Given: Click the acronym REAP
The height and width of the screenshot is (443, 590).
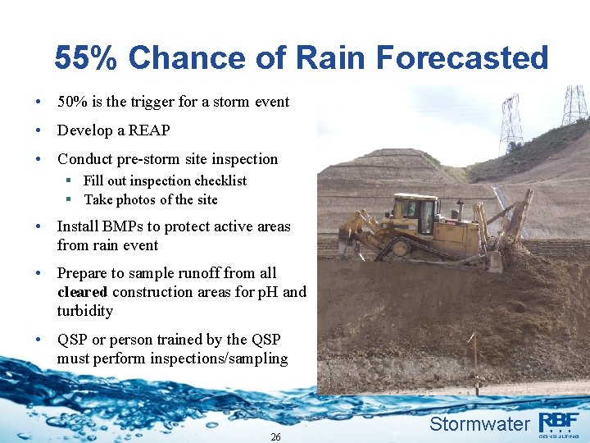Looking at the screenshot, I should pyautogui.click(x=149, y=130).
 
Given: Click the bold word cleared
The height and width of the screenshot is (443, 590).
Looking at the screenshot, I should pyautogui.click(x=83, y=292).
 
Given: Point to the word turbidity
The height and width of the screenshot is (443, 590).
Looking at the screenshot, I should pyautogui.click(x=85, y=311).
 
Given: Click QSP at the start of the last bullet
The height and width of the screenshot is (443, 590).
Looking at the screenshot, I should pyautogui.click(x=75, y=340).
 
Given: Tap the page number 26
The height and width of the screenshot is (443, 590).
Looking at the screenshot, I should pyautogui.click(x=275, y=437).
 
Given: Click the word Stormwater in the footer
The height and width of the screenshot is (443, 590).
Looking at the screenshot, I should pyautogui.click(x=479, y=423).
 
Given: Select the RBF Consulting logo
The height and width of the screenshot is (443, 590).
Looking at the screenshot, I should pyautogui.click(x=559, y=424).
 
